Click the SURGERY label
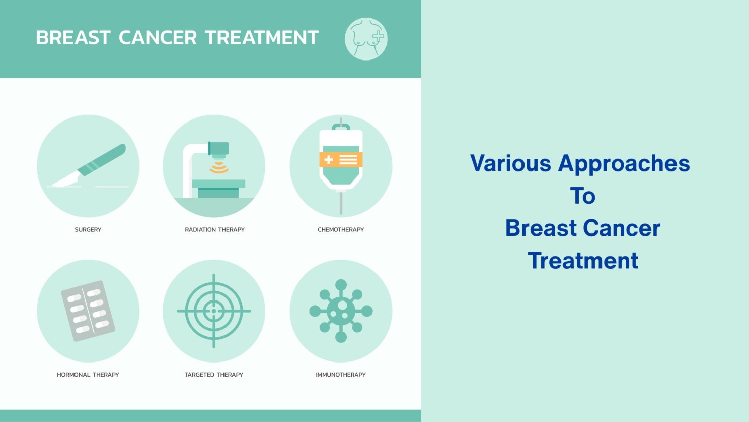click(88, 230)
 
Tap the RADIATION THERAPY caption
click(214, 230)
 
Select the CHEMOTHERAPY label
click(341, 230)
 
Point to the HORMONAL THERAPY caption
click(88, 375)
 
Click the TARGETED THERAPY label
click(213, 375)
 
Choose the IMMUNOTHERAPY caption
click(341, 375)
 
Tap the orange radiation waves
click(219, 167)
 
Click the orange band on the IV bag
click(341, 159)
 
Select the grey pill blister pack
click(88, 311)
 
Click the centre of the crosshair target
click(213, 311)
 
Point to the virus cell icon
click(341, 311)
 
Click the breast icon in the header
click(366, 39)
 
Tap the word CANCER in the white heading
click(158, 37)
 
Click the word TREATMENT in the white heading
click(262, 37)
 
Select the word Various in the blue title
click(510, 163)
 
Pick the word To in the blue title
click(583, 196)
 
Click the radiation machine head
click(218, 149)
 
